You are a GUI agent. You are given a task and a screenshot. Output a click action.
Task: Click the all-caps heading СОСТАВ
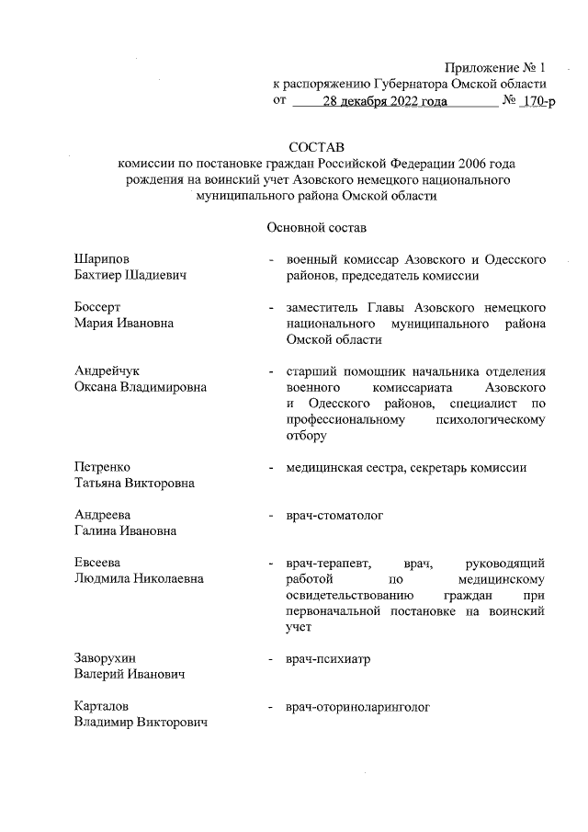315,147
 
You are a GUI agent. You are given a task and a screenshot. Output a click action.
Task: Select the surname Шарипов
103,259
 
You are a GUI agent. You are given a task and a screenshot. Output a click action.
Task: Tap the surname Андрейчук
106,370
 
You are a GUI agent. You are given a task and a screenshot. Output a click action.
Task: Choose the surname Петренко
102,467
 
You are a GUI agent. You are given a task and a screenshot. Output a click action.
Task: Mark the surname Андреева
102,515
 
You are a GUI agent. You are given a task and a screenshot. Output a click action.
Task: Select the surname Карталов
101,707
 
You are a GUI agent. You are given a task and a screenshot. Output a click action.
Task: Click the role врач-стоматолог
334,515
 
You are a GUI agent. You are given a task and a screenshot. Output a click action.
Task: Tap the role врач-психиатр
328,659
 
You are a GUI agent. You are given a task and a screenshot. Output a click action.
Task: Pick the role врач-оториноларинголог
358,707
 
